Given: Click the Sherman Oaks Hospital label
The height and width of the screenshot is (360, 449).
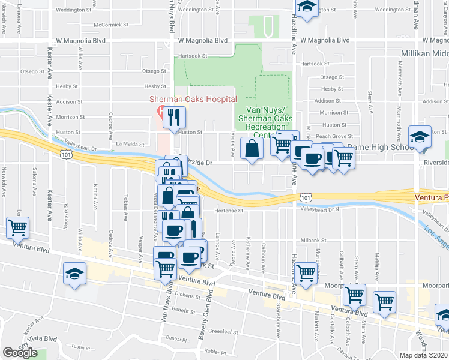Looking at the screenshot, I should pyautogui.click(x=193, y=99).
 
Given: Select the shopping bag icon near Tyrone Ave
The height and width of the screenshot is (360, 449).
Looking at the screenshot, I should pyautogui.click(x=251, y=149).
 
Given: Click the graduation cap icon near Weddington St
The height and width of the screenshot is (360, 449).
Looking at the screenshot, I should pyautogui.click(x=307, y=8).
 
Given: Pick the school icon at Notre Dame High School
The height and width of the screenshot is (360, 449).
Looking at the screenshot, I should pyautogui.click(x=420, y=137).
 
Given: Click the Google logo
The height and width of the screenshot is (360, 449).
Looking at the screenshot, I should pyautogui.click(x=20, y=353).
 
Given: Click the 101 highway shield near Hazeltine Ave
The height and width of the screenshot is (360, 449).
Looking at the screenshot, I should pyautogui.click(x=306, y=197).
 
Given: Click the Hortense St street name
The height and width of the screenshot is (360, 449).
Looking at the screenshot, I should pyautogui.click(x=228, y=211).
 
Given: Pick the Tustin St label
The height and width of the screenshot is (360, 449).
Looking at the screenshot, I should pyautogui.click(x=80, y=347).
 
